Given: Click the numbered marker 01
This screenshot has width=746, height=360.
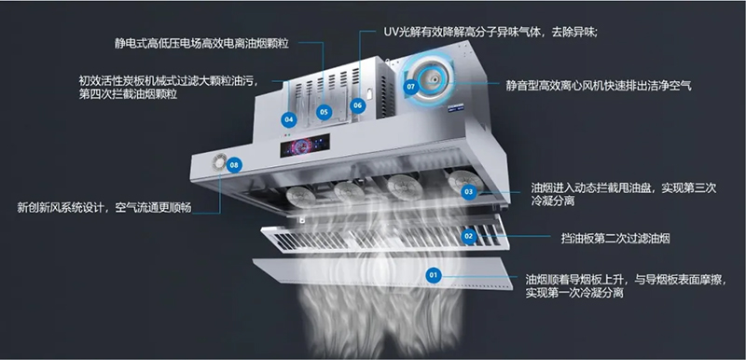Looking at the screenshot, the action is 433,275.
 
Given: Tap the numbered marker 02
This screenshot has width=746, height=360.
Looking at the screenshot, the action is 469,236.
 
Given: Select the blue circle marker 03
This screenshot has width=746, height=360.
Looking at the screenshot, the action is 469,191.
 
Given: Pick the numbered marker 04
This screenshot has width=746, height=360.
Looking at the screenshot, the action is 289,119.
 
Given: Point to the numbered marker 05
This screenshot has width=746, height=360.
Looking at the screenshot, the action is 323,112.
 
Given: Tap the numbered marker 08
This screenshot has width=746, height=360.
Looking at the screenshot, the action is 234,165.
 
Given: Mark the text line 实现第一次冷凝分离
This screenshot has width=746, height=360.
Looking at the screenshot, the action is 574,293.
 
